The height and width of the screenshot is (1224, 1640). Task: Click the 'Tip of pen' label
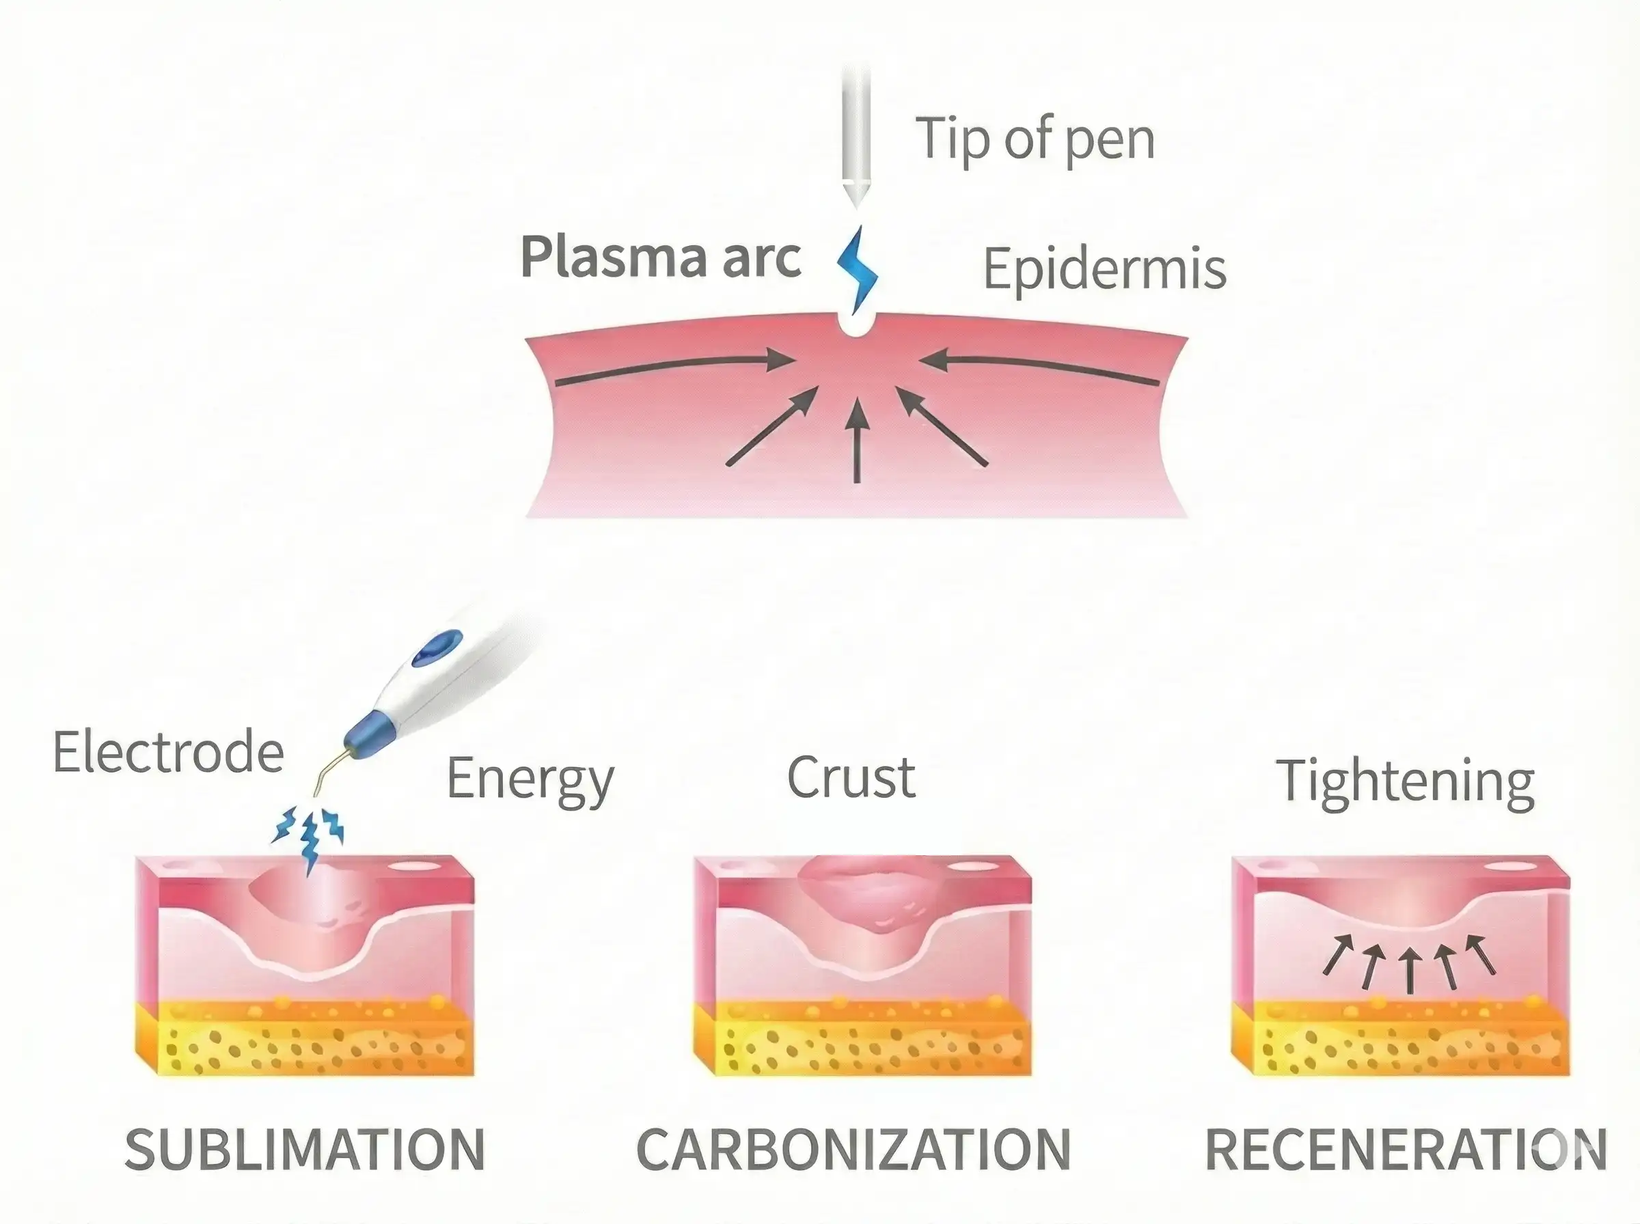[x=1035, y=139]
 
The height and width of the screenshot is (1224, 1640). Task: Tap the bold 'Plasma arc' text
[x=660, y=257]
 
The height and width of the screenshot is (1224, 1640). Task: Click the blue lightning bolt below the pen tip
[x=858, y=268]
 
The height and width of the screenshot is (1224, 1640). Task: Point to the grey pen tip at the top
[x=856, y=141]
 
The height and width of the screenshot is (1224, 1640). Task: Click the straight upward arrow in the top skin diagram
[x=858, y=441]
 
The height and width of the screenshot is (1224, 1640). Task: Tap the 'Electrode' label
[x=168, y=752]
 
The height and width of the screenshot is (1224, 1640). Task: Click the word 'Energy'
[x=530, y=779]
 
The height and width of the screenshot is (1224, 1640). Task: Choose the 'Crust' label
[x=851, y=778]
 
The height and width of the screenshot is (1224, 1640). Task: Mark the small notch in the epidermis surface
[x=856, y=324]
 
